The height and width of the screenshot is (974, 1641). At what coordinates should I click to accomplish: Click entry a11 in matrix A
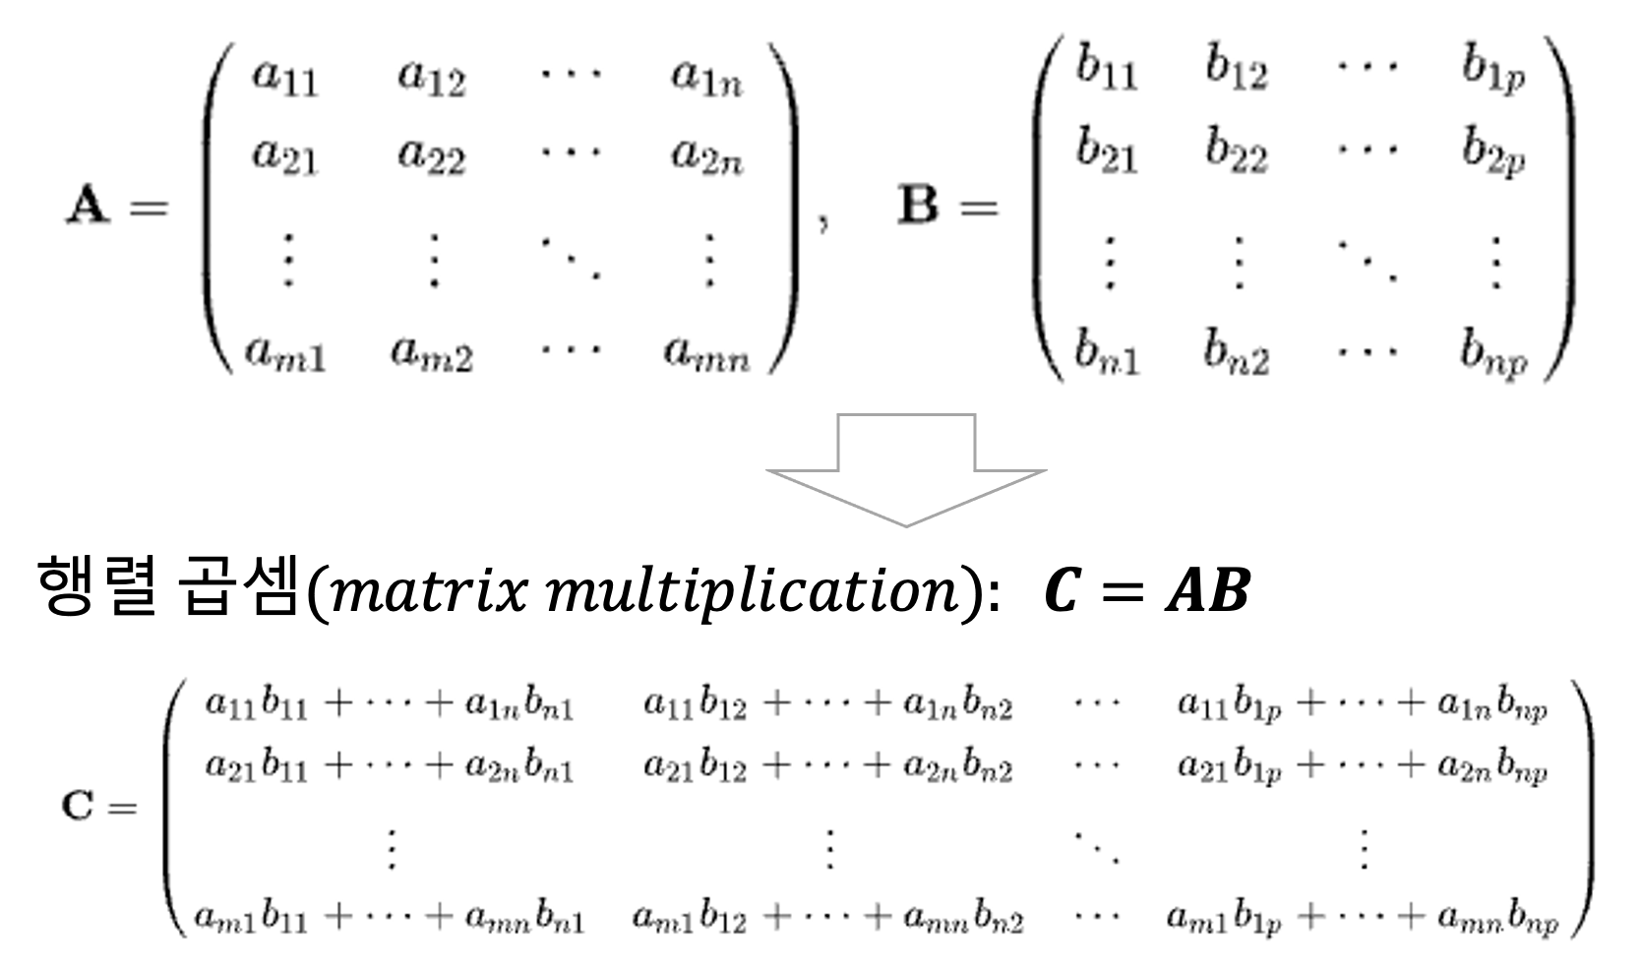(284, 78)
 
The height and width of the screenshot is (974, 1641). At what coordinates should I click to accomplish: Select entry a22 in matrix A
(431, 157)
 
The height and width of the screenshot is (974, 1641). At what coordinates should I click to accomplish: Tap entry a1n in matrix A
(706, 78)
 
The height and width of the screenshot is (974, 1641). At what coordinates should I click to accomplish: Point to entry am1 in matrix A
(284, 352)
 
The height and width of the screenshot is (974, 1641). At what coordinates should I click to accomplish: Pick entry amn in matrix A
(706, 352)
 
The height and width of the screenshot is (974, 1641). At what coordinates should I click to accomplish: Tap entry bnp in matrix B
(1492, 352)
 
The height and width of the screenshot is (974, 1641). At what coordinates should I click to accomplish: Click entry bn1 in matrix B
(1106, 352)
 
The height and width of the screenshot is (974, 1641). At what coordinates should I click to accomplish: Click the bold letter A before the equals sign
(87, 208)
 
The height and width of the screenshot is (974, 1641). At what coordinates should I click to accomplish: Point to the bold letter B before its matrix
(919, 208)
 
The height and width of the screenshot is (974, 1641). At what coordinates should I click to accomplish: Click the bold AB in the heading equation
(1207, 592)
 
